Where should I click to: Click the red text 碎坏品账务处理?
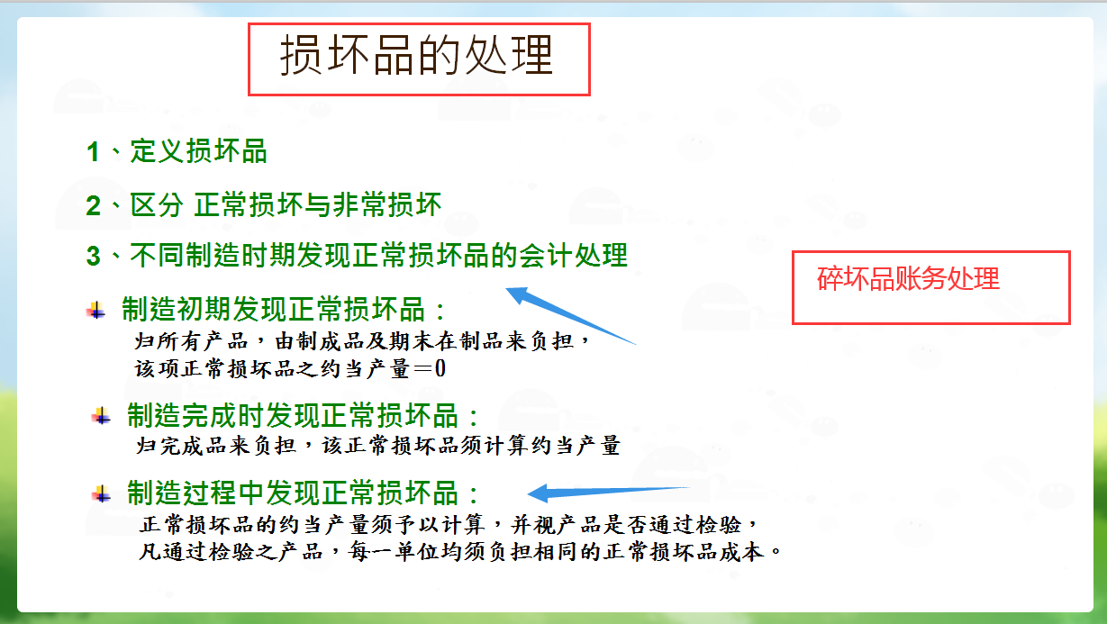tap(908, 279)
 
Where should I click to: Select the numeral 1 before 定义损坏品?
tap(93, 151)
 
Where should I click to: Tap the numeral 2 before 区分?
tap(93, 205)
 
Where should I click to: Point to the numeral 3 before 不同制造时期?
tap(93, 256)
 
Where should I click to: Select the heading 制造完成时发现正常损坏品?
tap(304, 416)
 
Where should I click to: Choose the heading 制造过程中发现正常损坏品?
tap(304, 493)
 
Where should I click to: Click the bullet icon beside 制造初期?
tap(95, 311)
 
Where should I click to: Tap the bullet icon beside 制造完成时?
tap(101, 416)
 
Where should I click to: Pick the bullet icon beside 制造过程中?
tap(101, 493)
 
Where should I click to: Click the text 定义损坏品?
tap(199, 151)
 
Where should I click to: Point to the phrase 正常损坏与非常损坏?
tap(318, 205)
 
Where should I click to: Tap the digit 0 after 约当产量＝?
tap(440, 369)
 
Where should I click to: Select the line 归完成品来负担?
tap(377, 445)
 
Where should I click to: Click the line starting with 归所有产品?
tap(361, 343)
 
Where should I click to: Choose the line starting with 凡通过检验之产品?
tap(459, 551)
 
